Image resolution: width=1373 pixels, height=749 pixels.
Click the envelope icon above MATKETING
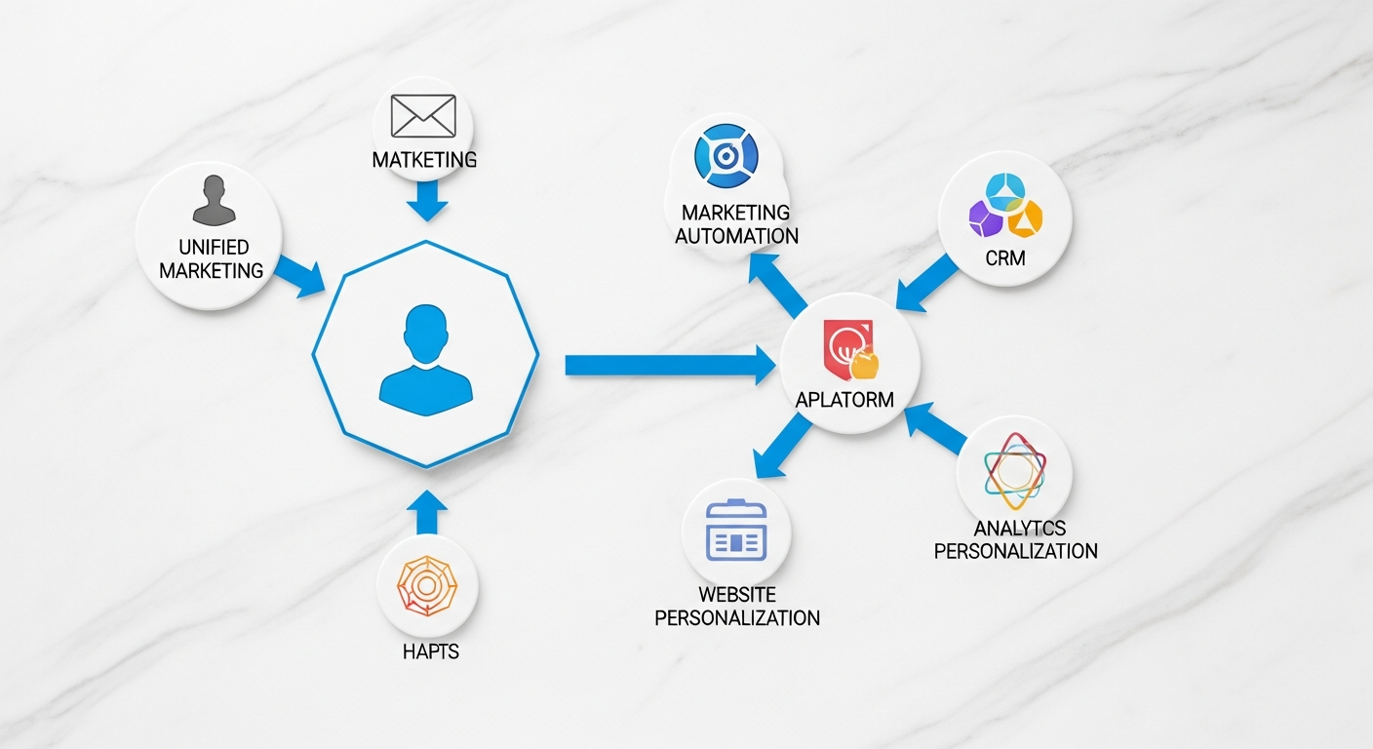422,116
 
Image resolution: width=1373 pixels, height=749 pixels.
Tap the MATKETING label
424,159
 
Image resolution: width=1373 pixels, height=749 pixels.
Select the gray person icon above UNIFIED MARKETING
214,200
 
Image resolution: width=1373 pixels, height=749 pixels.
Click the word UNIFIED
213,248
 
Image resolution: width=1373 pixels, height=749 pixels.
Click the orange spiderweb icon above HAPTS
428,585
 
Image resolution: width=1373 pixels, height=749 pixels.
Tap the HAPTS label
430,650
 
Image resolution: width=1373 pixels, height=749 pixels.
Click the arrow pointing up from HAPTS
425,512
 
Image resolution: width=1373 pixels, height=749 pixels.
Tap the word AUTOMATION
736,235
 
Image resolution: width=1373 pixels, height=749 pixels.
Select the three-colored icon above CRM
1004,205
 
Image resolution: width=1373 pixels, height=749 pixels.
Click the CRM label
1004,260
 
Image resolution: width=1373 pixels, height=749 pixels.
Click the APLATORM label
845,400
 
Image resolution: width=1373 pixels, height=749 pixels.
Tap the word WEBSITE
737,594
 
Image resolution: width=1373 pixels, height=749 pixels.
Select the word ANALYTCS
1020,529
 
